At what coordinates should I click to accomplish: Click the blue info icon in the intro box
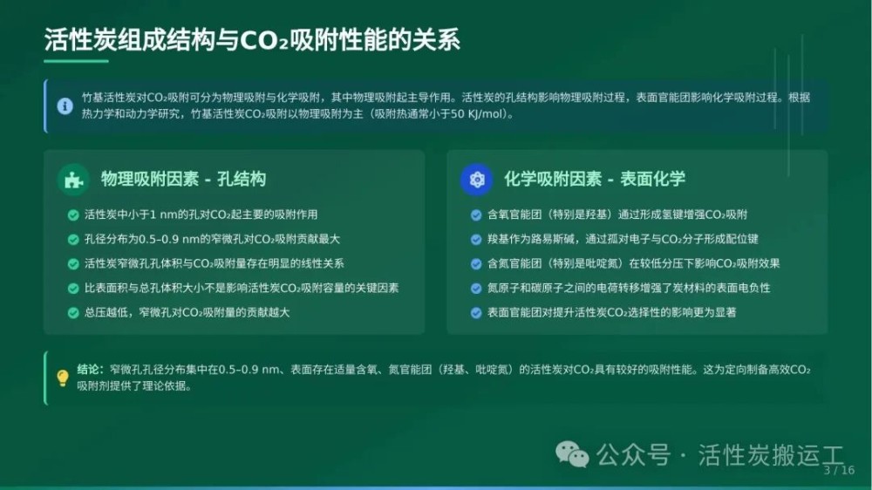pos(65,105)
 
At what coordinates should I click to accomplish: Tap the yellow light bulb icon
pos(63,378)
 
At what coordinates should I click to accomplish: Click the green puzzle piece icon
pos(73,180)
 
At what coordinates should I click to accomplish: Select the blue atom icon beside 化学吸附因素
pos(477,180)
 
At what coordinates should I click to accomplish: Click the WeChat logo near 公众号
pos(572,454)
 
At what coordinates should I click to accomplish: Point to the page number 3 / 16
pos(839,471)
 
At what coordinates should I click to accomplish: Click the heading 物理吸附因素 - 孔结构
pos(183,179)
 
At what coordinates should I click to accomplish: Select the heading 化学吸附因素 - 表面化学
pos(595,179)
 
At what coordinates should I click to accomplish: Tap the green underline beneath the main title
pos(76,61)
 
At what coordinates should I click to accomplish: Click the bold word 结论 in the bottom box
pos(88,370)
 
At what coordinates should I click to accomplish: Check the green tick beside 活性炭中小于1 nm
pos(73,215)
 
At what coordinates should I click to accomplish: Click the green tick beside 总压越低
pos(73,313)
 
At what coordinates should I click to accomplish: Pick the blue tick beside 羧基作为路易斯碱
pos(476,240)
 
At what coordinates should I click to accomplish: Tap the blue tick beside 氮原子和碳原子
pos(476,289)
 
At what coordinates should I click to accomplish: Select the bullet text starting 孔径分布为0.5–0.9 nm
pos(212,239)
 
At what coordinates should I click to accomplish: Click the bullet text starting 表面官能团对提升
pos(612,313)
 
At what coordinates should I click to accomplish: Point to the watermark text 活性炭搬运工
pos(771,455)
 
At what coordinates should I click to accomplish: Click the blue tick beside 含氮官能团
pos(476,264)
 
